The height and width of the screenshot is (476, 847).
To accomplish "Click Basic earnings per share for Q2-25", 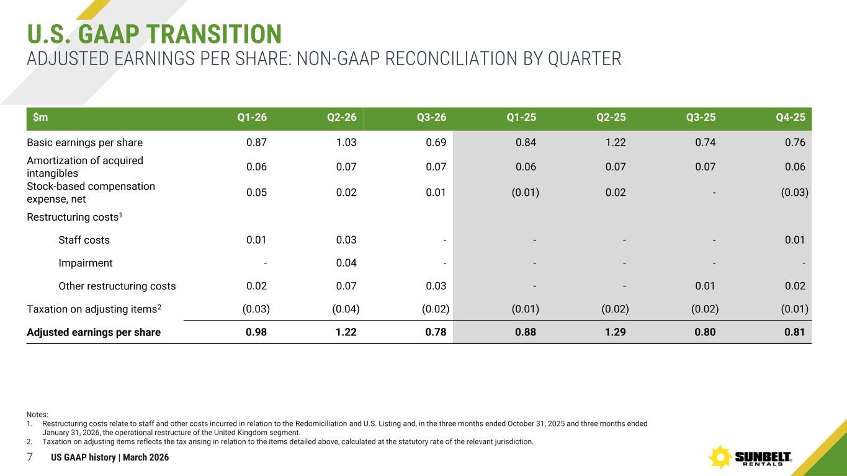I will pyautogui.click(x=614, y=143).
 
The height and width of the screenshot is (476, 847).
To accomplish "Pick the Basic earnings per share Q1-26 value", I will pyautogui.click(x=257, y=143).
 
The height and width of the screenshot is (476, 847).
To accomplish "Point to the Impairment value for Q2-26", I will pyautogui.click(x=346, y=263).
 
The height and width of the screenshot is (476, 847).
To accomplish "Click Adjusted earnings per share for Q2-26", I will pyautogui.click(x=346, y=332).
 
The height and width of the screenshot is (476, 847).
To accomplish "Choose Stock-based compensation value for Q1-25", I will pyautogui.click(x=525, y=192).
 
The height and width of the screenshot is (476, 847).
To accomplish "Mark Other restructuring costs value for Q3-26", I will pyautogui.click(x=436, y=286).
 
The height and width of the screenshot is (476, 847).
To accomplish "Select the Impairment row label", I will pyautogui.click(x=86, y=263).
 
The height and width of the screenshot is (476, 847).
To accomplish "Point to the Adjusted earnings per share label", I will pyautogui.click(x=94, y=332).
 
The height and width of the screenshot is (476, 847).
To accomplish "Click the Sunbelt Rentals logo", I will pyautogui.click(x=751, y=457).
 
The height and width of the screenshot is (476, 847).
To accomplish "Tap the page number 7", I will pyautogui.click(x=29, y=457).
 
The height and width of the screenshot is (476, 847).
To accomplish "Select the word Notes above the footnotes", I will pyautogui.click(x=37, y=415).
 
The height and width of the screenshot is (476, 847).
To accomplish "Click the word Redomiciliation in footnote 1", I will pyautogui.click(x=386, y=423).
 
